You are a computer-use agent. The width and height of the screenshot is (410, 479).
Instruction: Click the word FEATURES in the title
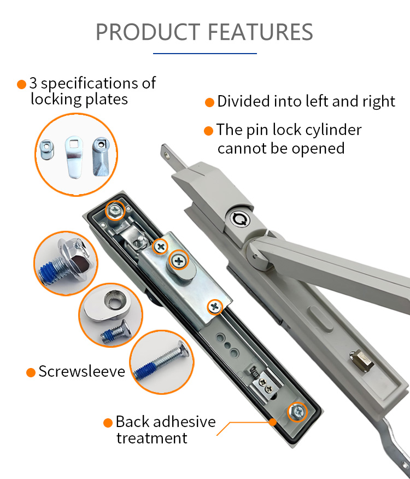261,32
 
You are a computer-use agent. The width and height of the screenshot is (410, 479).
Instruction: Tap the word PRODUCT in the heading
148,32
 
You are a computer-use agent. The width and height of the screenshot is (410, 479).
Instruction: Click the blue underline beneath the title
204,54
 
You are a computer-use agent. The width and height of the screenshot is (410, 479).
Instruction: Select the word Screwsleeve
82,371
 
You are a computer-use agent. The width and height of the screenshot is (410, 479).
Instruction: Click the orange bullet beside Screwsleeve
31,372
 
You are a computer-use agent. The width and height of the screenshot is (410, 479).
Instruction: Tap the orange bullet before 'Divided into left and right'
209,102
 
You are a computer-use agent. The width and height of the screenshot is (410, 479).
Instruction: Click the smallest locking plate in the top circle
47,149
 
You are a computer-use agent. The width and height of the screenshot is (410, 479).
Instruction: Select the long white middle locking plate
74,157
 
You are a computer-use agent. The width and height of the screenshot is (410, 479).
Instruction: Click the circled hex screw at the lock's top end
115,210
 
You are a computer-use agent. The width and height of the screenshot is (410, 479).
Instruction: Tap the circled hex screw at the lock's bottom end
297,412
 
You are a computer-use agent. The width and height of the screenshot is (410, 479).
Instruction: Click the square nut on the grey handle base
362,360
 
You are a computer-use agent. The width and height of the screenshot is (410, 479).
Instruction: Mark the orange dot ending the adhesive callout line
273,422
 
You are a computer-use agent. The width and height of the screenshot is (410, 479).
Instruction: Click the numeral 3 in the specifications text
33,83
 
